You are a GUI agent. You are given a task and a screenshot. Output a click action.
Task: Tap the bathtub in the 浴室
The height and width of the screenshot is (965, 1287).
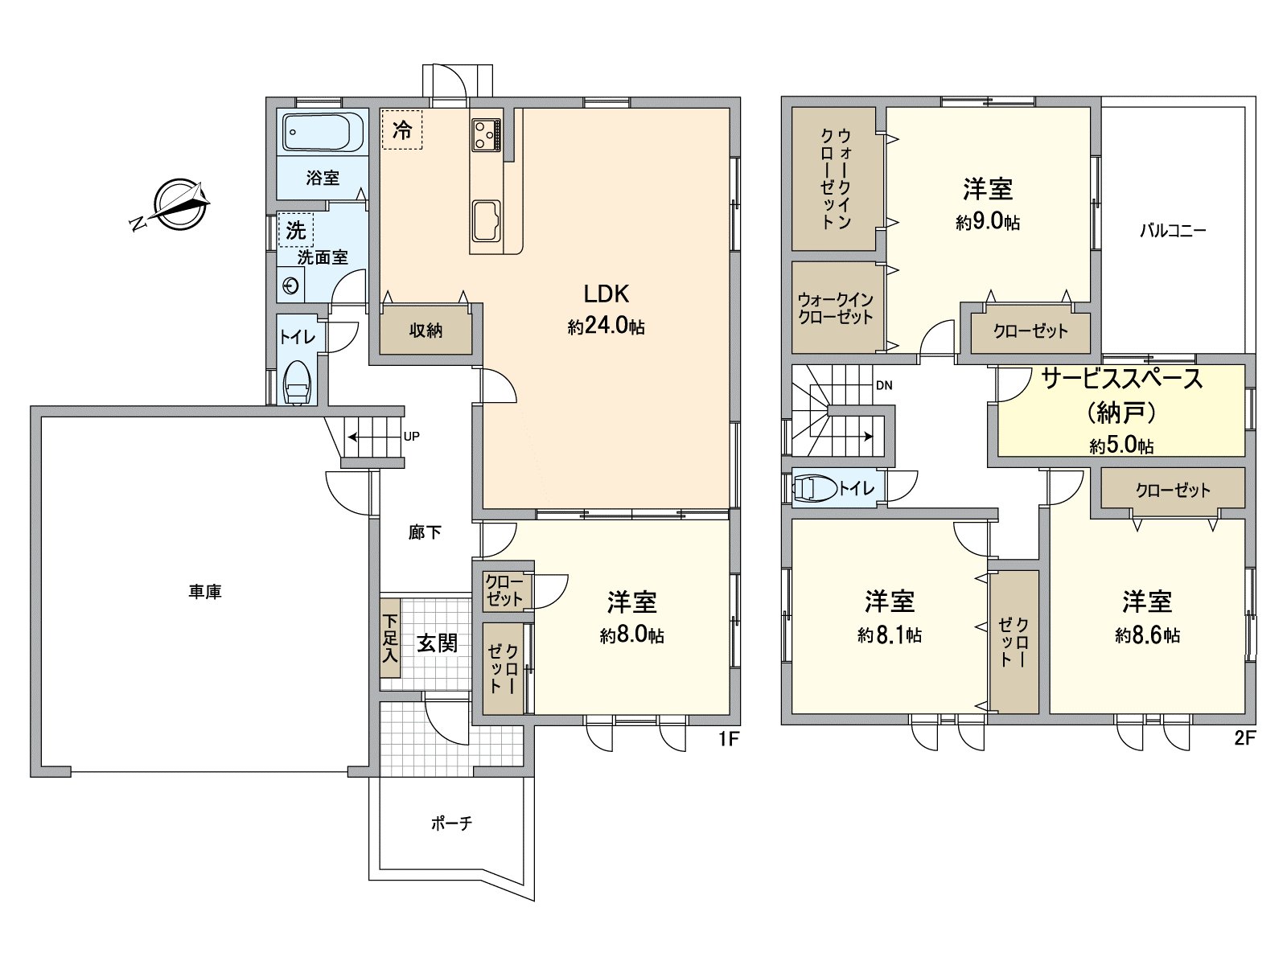323,132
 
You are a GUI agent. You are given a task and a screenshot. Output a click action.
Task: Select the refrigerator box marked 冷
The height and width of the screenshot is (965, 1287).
401,129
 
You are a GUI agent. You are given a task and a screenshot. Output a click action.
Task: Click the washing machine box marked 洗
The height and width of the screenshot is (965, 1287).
295,230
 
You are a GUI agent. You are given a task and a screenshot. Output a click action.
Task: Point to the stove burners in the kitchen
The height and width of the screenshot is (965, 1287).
486,134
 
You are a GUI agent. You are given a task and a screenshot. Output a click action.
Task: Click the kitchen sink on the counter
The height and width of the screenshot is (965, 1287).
486,221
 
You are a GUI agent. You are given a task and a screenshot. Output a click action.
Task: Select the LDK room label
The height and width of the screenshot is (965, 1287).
606,294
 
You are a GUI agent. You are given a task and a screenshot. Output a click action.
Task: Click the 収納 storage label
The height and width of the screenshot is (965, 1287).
426,331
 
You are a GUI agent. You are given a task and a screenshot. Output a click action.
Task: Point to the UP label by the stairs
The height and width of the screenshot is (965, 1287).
412,437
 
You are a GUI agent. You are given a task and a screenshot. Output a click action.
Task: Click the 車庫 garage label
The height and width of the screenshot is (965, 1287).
205,593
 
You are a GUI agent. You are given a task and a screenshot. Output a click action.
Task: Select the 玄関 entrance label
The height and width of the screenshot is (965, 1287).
438,644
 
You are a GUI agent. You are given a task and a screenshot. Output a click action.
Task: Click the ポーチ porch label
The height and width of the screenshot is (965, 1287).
451,823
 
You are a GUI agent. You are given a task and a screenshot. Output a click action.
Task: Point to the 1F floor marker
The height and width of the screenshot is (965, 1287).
728,739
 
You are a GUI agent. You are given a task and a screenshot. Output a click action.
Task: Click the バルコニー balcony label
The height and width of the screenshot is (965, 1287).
1173,230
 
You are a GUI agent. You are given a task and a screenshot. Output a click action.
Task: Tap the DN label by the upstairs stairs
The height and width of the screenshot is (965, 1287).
884,385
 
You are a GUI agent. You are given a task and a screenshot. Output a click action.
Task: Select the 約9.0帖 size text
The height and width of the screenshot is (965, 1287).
988,223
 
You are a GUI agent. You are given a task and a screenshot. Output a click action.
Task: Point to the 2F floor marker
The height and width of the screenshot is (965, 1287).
1245,738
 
